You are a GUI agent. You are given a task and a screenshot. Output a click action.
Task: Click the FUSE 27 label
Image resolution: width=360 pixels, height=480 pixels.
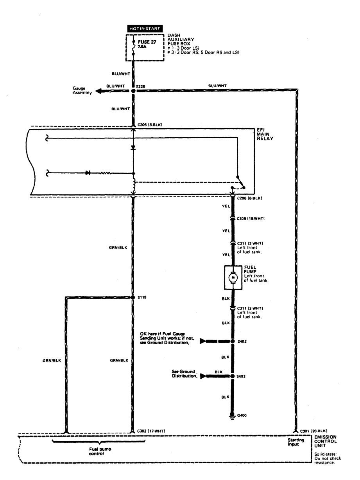147,42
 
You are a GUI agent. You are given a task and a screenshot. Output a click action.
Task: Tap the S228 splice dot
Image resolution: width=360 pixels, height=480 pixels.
133,91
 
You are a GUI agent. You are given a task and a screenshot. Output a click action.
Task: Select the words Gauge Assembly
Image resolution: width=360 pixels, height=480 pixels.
82,91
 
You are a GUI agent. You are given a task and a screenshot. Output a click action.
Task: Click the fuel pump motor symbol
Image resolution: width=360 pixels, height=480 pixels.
233,277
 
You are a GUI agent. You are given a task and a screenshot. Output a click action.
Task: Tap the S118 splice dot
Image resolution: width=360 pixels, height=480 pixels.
133,297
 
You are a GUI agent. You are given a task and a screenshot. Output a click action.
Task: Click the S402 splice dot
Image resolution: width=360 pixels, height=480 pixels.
233,341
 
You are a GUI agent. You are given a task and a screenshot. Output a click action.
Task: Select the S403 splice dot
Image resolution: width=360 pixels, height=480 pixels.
233,376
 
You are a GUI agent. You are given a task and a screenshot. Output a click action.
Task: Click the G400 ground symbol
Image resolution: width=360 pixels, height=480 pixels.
233,416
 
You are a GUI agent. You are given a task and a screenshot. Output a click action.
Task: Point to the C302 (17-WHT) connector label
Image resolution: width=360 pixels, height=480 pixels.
151,431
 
